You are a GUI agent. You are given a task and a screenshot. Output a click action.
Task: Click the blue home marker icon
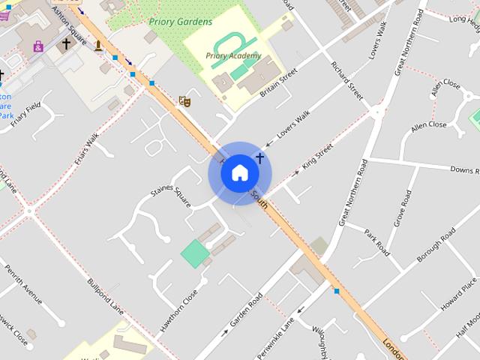tap(239, 173)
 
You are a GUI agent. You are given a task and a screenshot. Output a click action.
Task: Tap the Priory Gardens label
tap(180, 22)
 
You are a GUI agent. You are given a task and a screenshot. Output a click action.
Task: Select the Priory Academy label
tap(233, 55)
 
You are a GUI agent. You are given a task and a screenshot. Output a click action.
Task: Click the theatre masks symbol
tap(183, 100)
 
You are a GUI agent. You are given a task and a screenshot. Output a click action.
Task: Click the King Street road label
tap(316, 157)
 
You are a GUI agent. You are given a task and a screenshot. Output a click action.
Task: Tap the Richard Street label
tap(346, 82)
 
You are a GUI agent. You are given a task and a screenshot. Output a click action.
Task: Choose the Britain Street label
tap(278, 82)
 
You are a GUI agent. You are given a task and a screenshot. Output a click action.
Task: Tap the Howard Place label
tap(458, 294)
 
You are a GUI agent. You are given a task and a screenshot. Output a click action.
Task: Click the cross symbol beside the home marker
tap(260, 158)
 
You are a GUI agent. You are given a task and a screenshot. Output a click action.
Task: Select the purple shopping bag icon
tap(38, 46)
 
